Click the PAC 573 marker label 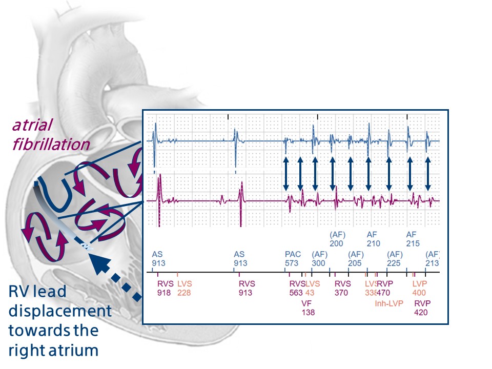tap(293, 258)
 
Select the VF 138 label tap(308, 307)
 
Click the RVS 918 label tap(166, 288)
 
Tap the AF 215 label tap(413, 239)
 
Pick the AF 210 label tap(374, 239)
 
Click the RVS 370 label tap(342, 288)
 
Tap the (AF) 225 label tap(395, 258)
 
